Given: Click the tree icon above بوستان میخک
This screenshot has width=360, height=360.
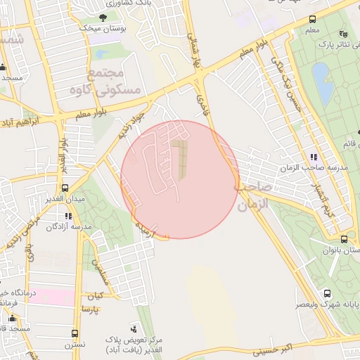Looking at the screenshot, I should coord(103,17).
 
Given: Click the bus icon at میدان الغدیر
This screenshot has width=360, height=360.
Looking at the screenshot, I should coord(65,188).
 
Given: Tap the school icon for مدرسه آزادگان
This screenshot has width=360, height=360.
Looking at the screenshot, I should coord(68,217).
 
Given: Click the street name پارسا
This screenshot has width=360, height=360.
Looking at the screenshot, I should coord(91,309).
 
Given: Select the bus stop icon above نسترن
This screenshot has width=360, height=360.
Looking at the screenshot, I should coord(75,333).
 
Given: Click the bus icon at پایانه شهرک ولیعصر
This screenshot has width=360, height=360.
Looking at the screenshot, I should coord(327,293).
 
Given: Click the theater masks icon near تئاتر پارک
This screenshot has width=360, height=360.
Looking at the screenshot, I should coord(343,33).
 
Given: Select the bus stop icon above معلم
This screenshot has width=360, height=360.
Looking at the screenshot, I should coord(312,19).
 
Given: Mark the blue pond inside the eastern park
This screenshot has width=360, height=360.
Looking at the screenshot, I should coord(323,81).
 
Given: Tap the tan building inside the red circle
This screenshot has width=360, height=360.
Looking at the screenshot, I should coord(181,158).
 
